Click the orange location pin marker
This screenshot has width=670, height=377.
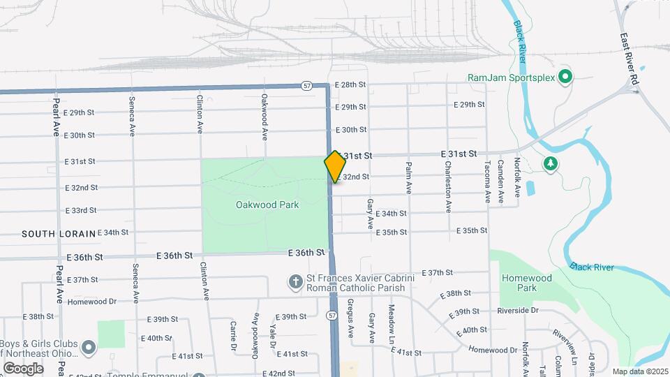click(335, 166)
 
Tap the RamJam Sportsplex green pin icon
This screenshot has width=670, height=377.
click(566, 77)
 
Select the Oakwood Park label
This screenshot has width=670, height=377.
click(267, 205)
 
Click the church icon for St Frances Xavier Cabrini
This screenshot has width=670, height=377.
click(296, 282)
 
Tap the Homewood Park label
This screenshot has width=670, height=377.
click(528, 283)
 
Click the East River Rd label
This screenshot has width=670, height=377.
click(629, 61)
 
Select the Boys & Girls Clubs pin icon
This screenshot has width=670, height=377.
click(89, 346)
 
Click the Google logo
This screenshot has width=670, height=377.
click(23, 368)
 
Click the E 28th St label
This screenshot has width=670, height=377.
click(350, 84)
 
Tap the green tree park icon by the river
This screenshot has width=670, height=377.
click(551, 163)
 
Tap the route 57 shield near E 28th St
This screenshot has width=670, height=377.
click(308, 85)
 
